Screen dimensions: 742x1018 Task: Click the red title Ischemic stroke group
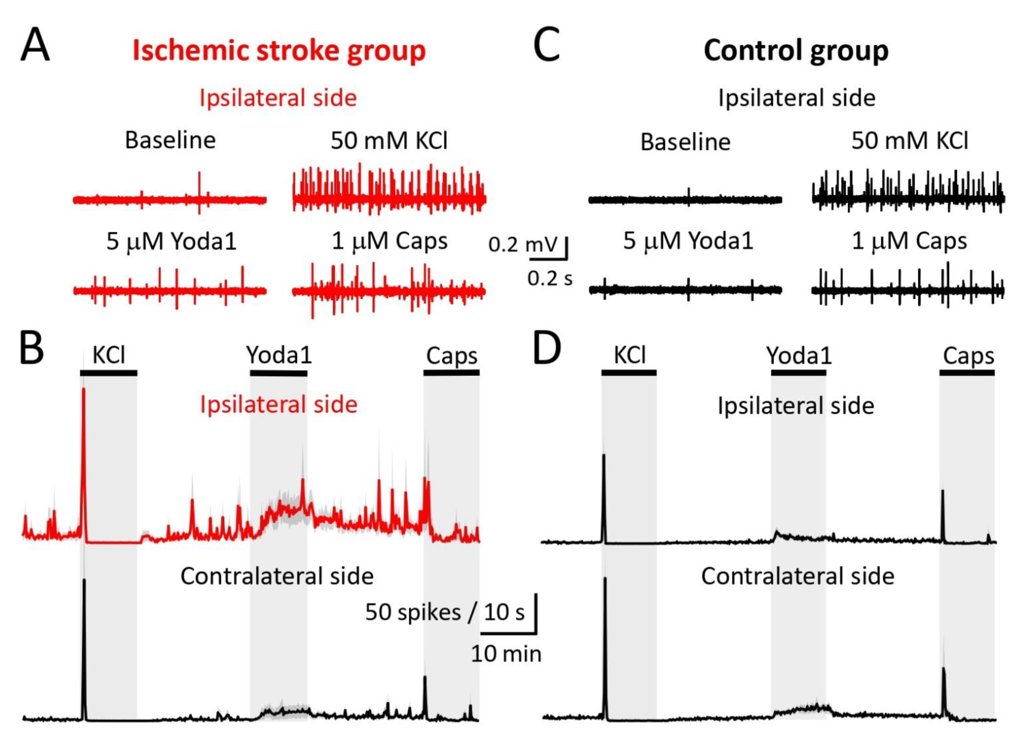279,51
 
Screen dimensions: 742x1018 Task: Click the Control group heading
796,51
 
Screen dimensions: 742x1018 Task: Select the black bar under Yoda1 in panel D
798,372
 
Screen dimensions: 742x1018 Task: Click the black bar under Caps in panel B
451,372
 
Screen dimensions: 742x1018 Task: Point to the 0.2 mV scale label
523,245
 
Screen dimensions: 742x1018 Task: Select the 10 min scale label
506,654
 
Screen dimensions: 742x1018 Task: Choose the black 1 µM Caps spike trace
907,290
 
